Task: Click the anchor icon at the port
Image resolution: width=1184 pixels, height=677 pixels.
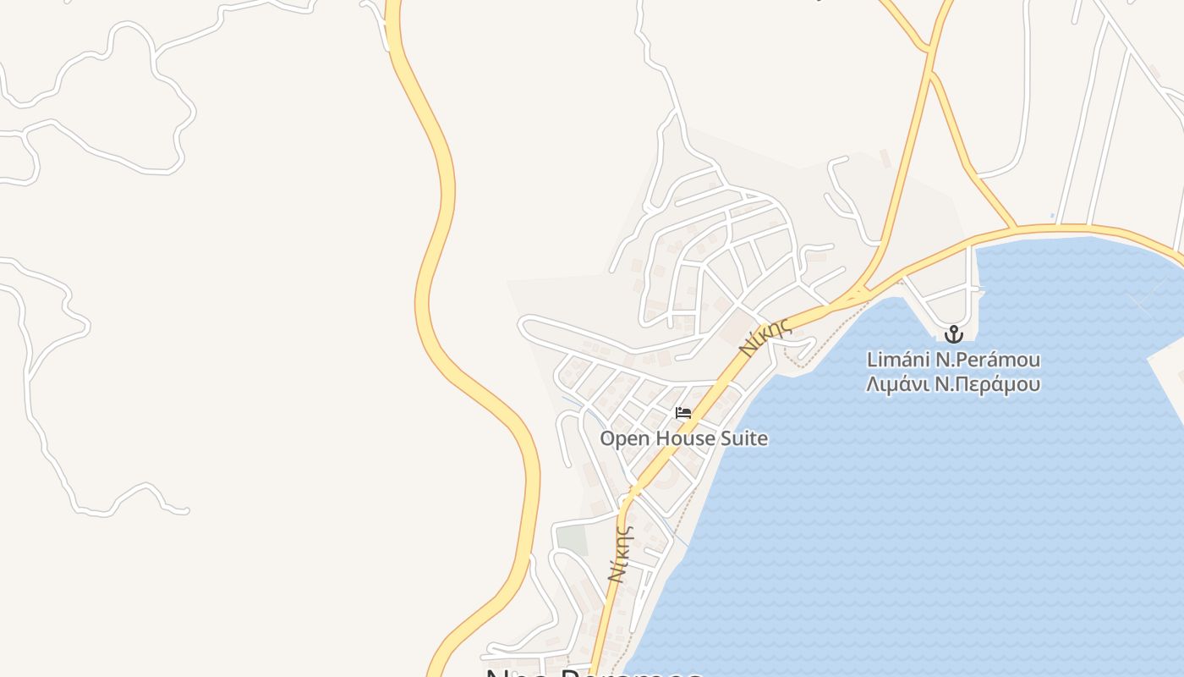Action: click(x=954, y=334)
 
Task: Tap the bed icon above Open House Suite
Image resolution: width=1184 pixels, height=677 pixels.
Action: click(x=683, y=413)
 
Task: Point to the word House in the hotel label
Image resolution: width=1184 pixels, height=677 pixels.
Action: click(x=684, y=438)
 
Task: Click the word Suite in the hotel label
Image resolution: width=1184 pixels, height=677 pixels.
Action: click(x=743, y=438)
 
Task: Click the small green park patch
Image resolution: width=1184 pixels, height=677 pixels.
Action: click(x=573, y=539)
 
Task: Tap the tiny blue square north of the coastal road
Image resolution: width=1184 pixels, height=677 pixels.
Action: click(x=1052, y=216)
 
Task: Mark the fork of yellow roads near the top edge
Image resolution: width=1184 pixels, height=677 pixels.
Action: click(x=930, y=52)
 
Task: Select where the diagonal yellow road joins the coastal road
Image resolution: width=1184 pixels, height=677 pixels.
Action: click(x=1016, y=228)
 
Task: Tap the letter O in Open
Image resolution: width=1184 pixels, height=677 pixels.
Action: click(x=607, y=438)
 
